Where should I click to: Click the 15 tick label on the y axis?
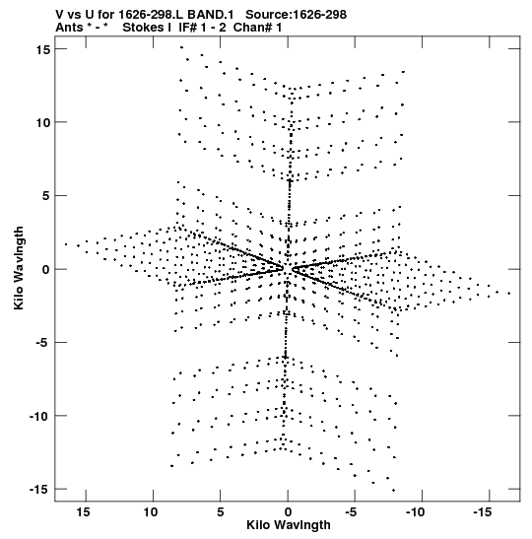point(43,49)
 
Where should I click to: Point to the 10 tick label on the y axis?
point(43,123)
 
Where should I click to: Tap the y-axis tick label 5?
point(46,196)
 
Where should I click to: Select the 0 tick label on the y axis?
point(46,270)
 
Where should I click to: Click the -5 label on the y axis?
point(42,343)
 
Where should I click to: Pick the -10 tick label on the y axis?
point(39,416)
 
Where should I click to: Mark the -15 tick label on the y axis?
point(39,490)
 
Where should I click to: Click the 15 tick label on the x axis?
point(84,512)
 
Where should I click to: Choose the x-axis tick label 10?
point(151,512)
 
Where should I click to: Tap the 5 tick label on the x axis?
point(221,512)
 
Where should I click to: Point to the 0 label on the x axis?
point(288,512)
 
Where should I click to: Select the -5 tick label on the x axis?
point(352,512)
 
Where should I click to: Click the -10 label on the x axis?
point(416,512)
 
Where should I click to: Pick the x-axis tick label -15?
point(483,512)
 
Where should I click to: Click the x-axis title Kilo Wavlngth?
point(289,525)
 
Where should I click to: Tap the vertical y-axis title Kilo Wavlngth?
point(19,268)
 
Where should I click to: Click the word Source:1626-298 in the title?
point(297,15)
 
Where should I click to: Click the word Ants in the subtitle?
point(69,28)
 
